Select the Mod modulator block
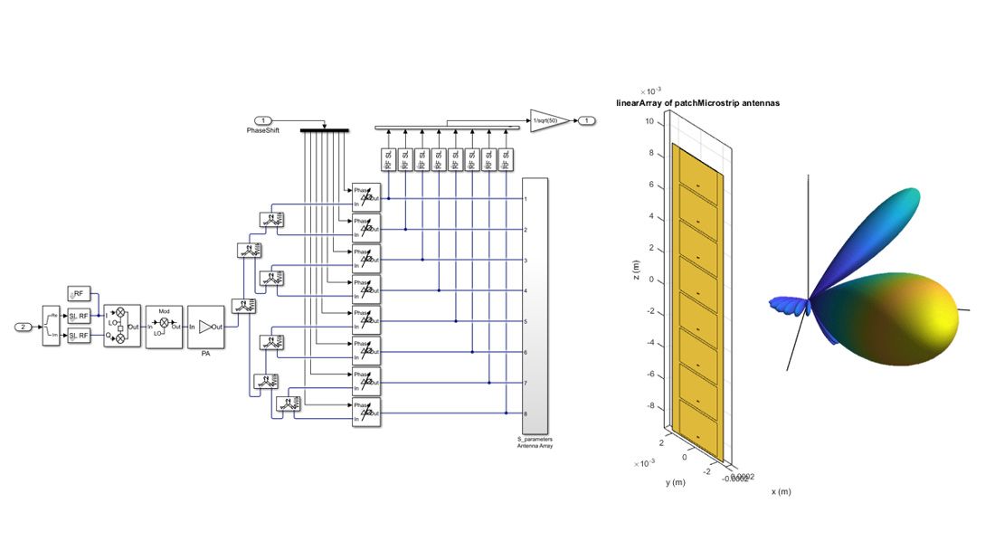tap(164, 326)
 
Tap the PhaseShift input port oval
tap(263, 120)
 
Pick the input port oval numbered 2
tap(25, 326)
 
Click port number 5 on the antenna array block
tap(526, 321)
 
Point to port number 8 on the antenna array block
tap(526, 413)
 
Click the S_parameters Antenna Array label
tap(535, 442)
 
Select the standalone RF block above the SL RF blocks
tap(78, 293)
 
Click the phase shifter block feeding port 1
tap(366, 197)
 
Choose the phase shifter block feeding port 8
tap(366, 413)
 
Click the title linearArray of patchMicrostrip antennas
tap(697, 103)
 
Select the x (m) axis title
tap(781, 491)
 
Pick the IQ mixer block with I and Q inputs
tap(121, 326)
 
